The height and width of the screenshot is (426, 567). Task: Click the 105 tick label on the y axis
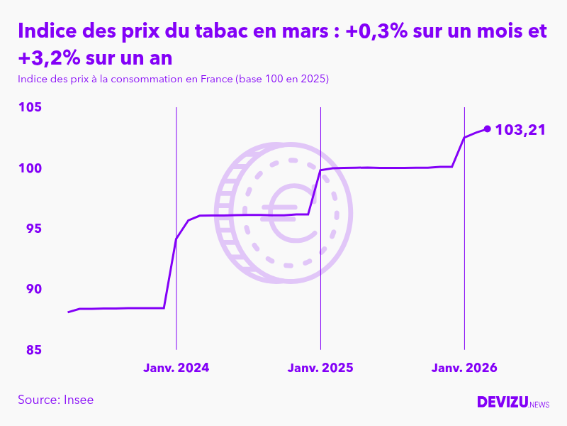click(31, 107)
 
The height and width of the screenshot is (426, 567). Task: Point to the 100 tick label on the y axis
click(31, 168)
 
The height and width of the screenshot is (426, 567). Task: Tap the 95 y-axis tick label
click(33, 229)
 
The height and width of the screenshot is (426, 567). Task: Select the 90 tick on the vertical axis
click(33, 289)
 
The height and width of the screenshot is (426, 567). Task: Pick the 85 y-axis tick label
click(33, 350)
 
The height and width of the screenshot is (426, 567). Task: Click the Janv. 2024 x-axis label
click(176, 368)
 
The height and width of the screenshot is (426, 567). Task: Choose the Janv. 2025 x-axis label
click(320, 368)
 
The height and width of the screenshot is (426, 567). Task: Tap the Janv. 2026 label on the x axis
click(464, 368)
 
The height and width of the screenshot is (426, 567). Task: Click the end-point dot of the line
click(487, 129)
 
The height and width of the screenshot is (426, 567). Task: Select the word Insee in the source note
click(78, 400)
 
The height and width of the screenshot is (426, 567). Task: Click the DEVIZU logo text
click(502, 402)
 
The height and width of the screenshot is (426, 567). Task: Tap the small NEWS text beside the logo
click(539, 404)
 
